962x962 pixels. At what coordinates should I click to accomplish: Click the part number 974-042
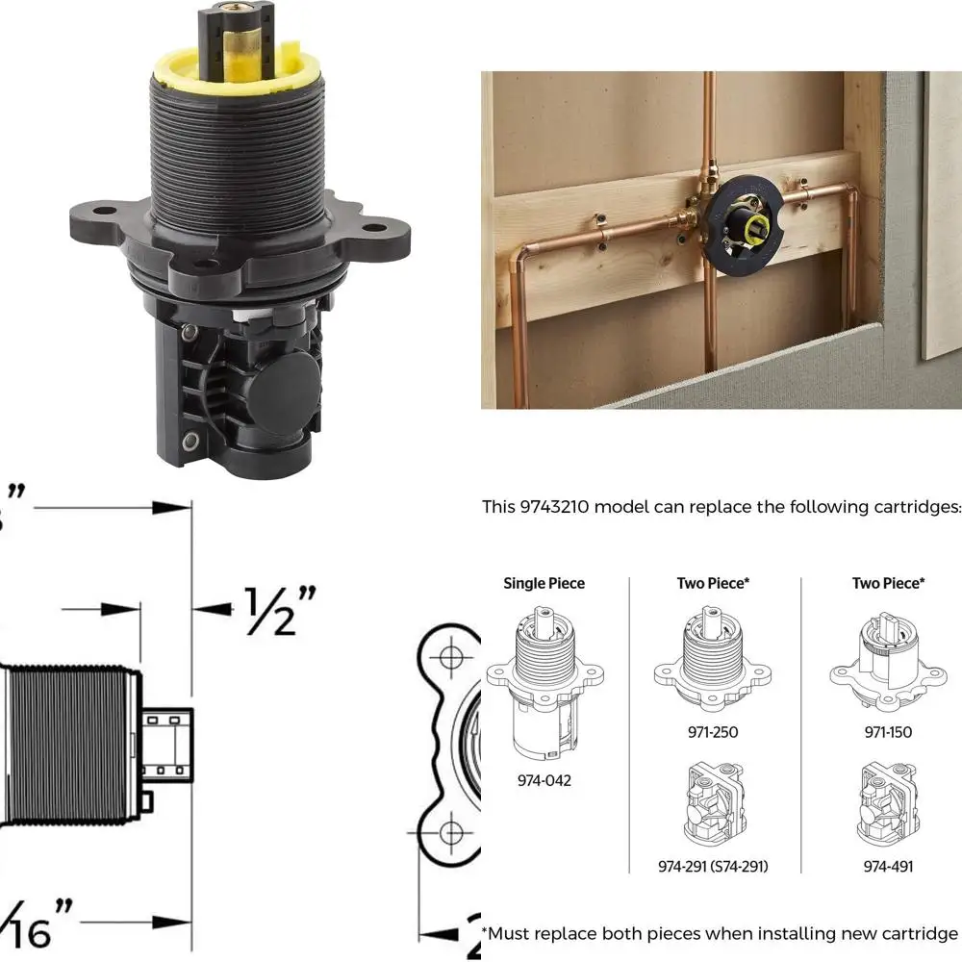(544, 780)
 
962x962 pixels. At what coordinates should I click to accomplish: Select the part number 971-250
(713, 732)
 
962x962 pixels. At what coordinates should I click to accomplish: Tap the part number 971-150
(888, 732)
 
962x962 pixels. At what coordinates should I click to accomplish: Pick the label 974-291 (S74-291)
(713, 866)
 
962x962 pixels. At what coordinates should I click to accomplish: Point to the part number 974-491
(888, 866)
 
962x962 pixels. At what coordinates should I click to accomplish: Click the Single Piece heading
(544, 583)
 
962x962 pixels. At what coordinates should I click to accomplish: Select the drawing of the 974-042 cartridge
(544, 682)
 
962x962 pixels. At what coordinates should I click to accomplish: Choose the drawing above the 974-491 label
(888, 803)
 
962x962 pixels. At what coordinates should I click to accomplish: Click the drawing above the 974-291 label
(713, 803)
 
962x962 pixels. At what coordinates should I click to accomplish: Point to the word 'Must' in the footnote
(516, 933)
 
